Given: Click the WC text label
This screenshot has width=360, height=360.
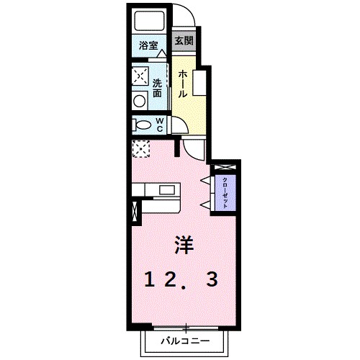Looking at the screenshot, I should point(159,125).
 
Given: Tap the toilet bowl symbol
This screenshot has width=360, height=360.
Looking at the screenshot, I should point(140,125).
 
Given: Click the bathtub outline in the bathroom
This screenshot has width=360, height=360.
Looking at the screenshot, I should point(150,22).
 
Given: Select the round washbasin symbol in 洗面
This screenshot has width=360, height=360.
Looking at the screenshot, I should point(139,101).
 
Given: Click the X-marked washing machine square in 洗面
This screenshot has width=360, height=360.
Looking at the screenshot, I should point(140,76).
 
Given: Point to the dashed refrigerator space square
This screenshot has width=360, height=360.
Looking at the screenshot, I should point(140,148).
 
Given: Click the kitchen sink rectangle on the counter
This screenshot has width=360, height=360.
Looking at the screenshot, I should point(168,190).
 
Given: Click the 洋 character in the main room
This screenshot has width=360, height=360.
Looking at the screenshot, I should point(184,246).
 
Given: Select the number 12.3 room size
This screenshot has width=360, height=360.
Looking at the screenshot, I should point(184,281).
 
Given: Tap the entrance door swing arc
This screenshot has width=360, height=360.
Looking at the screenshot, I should point(184,17).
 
